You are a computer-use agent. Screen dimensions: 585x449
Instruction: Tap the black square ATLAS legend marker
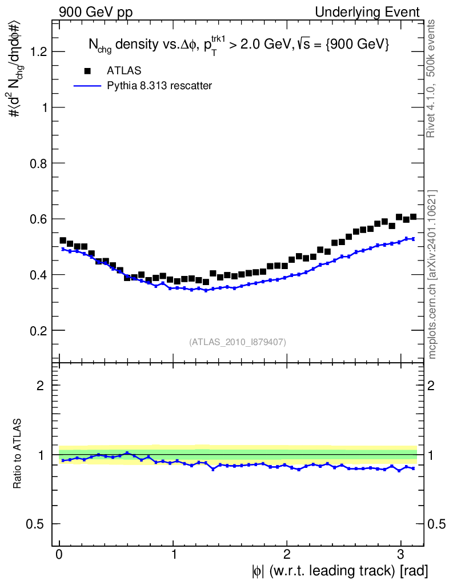click(x=87, y=71)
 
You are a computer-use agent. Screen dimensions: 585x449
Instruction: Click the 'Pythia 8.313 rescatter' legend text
click(x=159, y=86)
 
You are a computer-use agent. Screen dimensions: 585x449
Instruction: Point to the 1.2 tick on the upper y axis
click(x=38, y=52)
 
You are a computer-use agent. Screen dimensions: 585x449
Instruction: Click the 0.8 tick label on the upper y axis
click(x=38, y=163)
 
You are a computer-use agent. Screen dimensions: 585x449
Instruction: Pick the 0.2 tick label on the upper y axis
click(x=38, y=331)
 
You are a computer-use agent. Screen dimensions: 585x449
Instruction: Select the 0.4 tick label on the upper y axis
click(x=38, y=275)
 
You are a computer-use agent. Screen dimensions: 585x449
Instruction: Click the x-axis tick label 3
click(x=400, y=555)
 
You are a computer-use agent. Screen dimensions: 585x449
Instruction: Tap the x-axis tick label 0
click(x=59, y=555)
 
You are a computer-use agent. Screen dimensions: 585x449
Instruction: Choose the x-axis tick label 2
click(x=287, y=555)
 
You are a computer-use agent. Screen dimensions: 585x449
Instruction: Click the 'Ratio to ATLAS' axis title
click(x=18, y=455)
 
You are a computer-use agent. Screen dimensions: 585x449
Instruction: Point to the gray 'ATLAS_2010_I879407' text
click(x=237, y=342)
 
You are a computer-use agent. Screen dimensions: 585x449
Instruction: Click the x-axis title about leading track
click(x=339, y=570)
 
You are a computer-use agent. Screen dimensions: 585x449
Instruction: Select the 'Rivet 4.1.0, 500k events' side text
click(x=432, y=78)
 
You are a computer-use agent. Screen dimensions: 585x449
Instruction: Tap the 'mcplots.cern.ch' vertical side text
click(x=432, y=274)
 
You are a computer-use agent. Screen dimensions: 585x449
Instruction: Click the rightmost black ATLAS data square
click(x=413, y=217)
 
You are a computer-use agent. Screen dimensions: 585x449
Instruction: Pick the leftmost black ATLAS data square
click(x=63, y=241)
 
